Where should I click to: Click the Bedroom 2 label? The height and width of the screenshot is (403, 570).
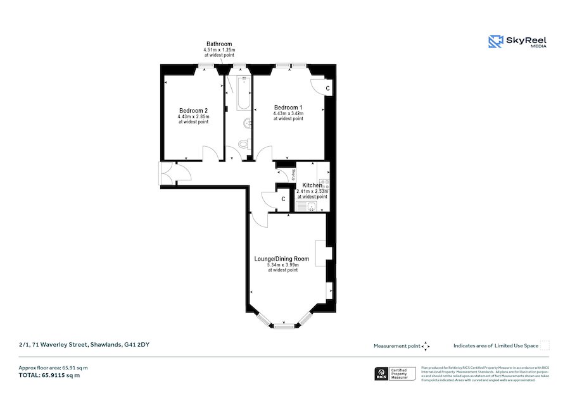click(x=193, y=110)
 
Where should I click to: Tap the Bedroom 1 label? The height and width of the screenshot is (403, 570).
click(x=288, y=108)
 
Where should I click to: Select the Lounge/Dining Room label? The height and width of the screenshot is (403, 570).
click(x=282, y=259)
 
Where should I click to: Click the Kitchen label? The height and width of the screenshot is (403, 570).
click(x=312, y=185)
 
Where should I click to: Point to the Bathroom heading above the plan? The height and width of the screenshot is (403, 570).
click(x=219, y=44)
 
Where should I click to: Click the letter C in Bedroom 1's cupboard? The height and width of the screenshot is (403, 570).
click(x=327, y=88)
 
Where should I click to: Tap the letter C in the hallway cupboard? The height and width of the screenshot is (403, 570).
click(x=283, y=199)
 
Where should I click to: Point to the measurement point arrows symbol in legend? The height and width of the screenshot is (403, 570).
click(x=426, y=346)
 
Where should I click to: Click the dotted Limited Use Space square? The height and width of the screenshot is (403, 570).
click(x=544, y=345)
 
